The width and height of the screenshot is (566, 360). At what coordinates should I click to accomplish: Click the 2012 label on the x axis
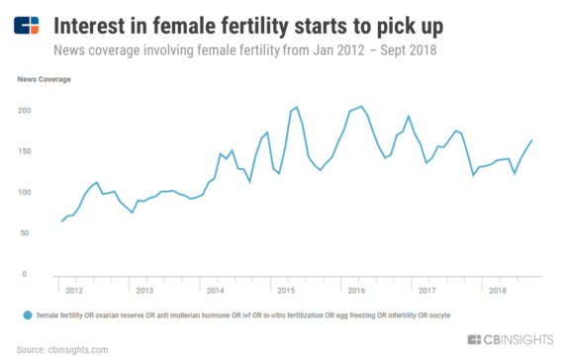tap(73, 291)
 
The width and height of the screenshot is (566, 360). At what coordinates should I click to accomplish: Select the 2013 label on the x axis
tap(143, 291)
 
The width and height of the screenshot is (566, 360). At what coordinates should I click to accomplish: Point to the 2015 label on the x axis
tap(285, 291)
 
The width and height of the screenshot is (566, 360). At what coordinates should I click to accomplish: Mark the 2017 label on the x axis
tap(426, 291)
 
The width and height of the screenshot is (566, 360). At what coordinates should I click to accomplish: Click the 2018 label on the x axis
tap(497, 291)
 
